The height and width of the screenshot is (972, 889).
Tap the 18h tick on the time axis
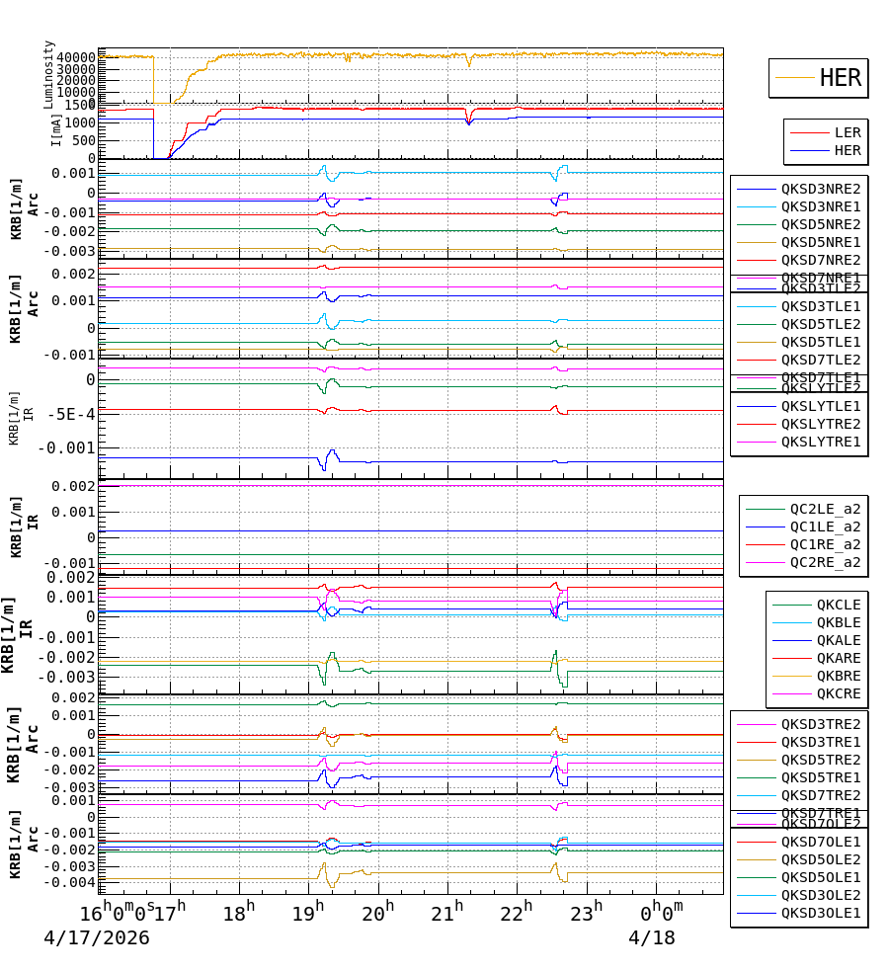click(237, 911)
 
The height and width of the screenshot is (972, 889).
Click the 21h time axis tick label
click(450, 911)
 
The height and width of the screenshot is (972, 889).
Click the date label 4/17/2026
click(97, 937)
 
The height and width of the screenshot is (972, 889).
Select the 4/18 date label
click(652, 937)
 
